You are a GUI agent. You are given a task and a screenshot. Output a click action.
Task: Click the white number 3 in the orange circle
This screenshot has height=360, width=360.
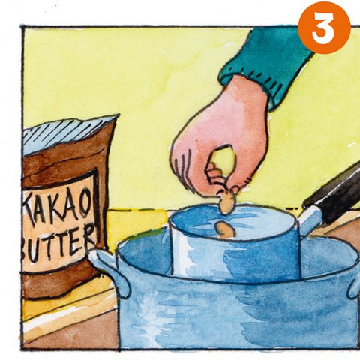click(x=324, y=28)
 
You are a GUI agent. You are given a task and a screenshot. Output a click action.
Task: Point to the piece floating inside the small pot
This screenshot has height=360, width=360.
click(x=225, y=229)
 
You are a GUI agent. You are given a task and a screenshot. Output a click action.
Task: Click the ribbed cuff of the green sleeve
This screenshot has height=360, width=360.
click(x=246, y=82)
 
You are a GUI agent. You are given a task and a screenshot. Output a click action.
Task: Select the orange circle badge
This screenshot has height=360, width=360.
click(x=324, y=28)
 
